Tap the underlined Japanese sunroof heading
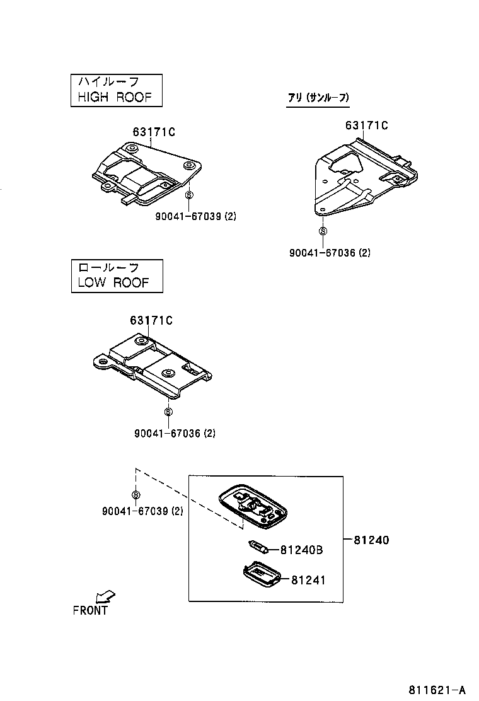tap(318, 98)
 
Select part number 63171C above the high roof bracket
tap(154, 132)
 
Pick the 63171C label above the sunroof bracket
tap(366, 125)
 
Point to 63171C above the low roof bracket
tap(151, 320)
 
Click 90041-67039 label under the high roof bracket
tap(195, 216)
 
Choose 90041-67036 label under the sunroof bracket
tap(330, 253)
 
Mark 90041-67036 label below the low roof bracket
tap(175, 433)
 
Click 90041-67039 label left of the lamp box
tap(142, 511)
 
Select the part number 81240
tap(371, 540)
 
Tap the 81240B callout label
tap(301, 550)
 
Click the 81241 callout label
tap(308, 579)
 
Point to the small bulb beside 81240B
tap(259, 547)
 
